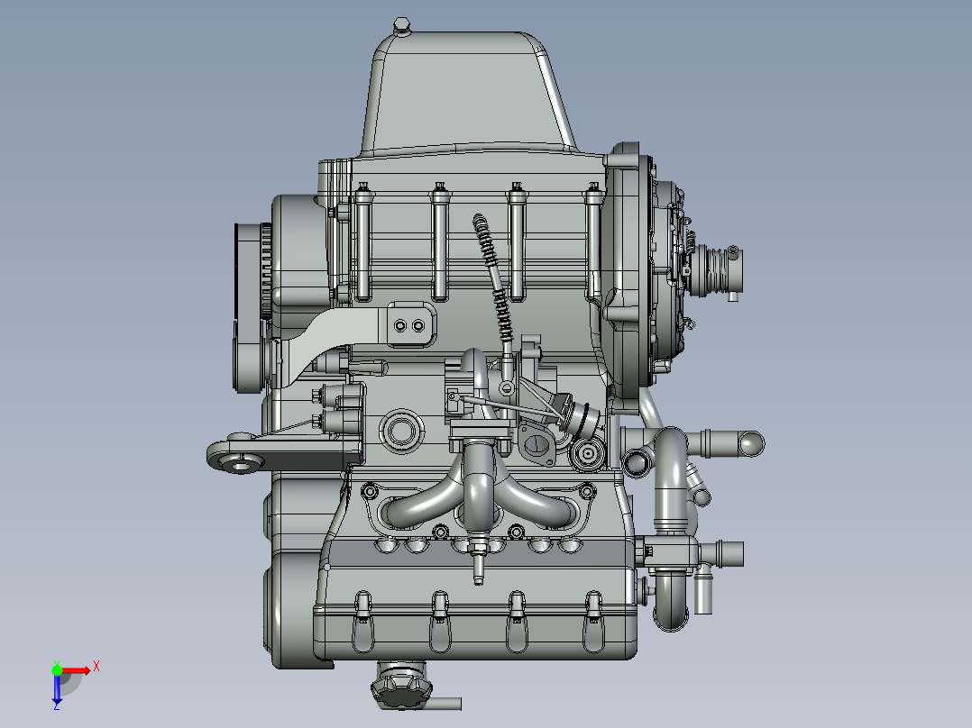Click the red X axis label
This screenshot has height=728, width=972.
(96, 667)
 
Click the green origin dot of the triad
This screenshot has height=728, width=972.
(57, 670)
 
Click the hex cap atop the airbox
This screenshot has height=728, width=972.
(402, 25)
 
